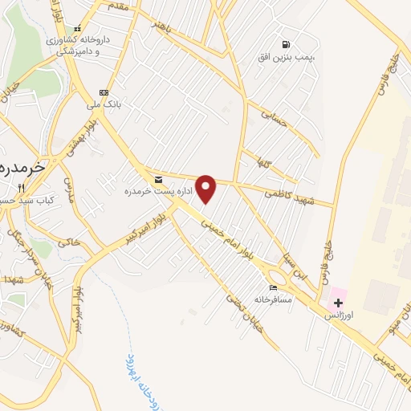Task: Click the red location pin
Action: [206, 189]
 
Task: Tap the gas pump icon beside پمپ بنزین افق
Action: [286, 45]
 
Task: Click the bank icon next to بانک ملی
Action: [103, 92]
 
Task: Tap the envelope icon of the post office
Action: [157, 178]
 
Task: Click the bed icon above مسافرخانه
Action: [275, 287]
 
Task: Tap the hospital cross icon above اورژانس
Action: [338, 303]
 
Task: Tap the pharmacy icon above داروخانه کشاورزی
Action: [77, 28]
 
